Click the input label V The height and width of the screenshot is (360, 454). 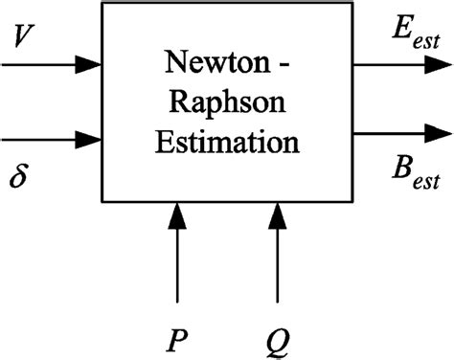pos(25,37)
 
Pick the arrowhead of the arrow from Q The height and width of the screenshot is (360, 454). pos(278,214)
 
